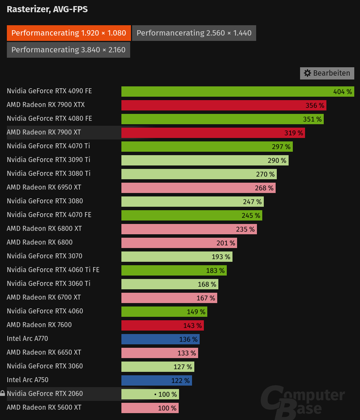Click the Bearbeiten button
coord(327,73)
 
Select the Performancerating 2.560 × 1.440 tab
coord(194,33)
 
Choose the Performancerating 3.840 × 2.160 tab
coord(68,50)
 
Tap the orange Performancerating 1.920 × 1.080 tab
coord(69,33)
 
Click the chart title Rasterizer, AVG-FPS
coord(47,10)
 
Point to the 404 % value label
coord(342,92)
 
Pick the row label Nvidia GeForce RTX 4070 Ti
coord(48,146)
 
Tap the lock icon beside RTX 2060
coord(3,393)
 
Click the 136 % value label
coord(188,339)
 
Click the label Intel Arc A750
coord(27,380)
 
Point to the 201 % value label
coord(226,243)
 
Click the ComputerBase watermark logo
coord(302,401)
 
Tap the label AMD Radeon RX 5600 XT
coord(44,407)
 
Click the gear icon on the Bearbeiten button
coord(307,73)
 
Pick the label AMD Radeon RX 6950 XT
coord(44,187)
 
